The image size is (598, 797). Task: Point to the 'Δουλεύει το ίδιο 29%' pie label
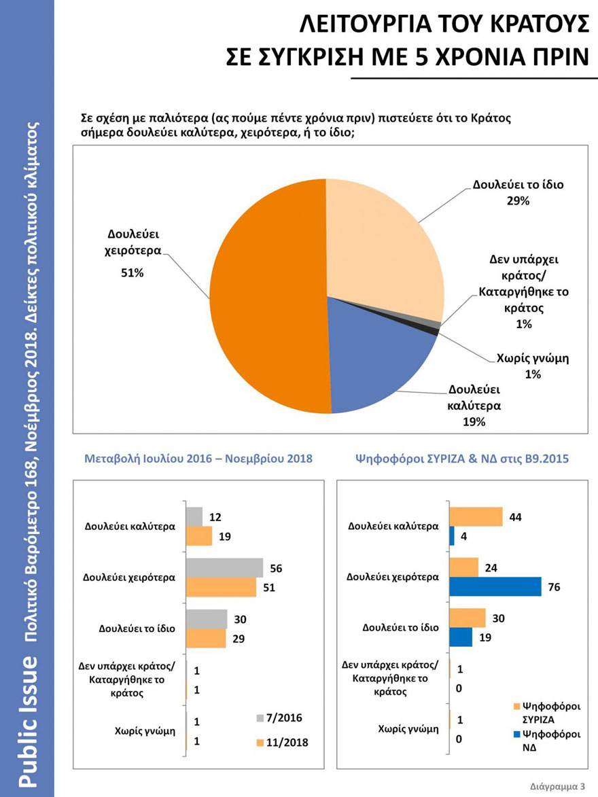click(518, 192)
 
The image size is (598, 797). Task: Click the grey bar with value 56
click(224, 567)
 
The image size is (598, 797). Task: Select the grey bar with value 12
click(194, 516)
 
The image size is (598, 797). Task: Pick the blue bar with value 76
click(495, 586)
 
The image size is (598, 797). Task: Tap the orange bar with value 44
click(476, 516)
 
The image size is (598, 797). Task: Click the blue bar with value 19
click(461, 637)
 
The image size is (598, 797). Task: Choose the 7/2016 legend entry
click(279, 718)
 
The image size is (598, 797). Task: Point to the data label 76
click(554, 587)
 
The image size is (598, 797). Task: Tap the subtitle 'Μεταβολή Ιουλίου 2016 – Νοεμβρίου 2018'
click(198, 459)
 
